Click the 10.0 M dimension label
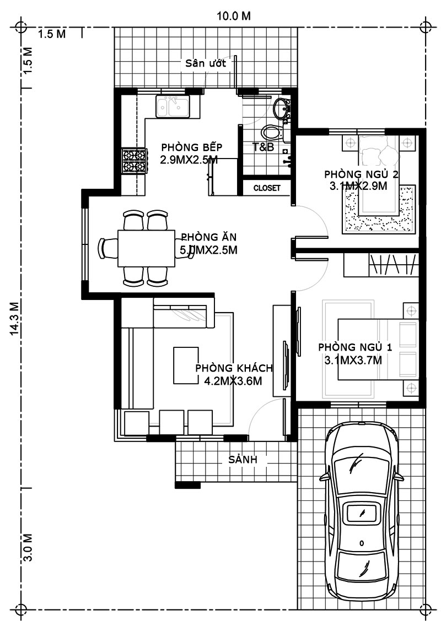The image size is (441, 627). (234, 16)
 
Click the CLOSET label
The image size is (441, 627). (267, 188)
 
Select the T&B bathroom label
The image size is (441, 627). (263, 147)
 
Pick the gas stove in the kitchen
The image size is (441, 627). (134, 161)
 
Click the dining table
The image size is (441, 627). (146, 248)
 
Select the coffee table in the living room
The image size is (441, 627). (186, 366)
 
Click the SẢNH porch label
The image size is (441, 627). (243, 460)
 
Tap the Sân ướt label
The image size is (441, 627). (206, 63)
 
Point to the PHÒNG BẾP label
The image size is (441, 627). (191, 147)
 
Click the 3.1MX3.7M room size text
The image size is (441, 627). (353, 361)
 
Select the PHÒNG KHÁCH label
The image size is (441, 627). (234, 368)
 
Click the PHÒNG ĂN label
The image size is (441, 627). (208, 237)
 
